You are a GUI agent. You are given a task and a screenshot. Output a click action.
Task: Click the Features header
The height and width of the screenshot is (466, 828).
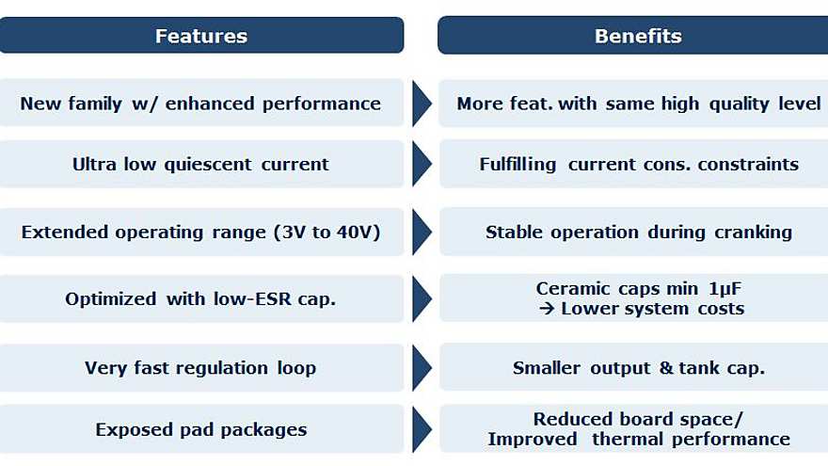201,36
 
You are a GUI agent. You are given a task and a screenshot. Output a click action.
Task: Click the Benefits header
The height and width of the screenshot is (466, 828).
638,36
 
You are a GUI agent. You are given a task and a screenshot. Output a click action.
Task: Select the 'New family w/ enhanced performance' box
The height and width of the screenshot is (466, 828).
201,104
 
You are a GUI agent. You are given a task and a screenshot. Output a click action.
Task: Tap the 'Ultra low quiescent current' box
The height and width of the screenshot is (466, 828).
201,164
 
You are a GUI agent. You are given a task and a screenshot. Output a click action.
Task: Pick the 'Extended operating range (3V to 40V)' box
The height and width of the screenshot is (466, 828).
201,232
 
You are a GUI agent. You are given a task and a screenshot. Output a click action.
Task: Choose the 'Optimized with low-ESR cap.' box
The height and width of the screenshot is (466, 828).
201,299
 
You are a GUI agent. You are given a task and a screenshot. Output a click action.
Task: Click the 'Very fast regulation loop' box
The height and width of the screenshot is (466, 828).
201,368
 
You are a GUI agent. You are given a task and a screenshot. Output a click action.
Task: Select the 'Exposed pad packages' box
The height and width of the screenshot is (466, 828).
201,429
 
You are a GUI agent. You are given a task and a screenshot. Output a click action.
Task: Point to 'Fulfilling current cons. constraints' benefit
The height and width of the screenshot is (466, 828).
638,164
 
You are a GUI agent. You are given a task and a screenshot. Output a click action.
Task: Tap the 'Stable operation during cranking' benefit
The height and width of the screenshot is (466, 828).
638,232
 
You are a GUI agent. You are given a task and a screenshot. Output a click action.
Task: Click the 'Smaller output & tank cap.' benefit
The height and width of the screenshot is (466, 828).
638,368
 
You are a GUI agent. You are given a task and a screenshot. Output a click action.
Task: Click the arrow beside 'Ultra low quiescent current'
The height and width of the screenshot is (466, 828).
422,164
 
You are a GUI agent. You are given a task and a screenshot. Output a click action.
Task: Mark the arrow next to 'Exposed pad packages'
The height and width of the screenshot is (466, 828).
422,429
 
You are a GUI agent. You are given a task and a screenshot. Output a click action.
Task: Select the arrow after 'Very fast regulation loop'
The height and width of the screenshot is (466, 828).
422,368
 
